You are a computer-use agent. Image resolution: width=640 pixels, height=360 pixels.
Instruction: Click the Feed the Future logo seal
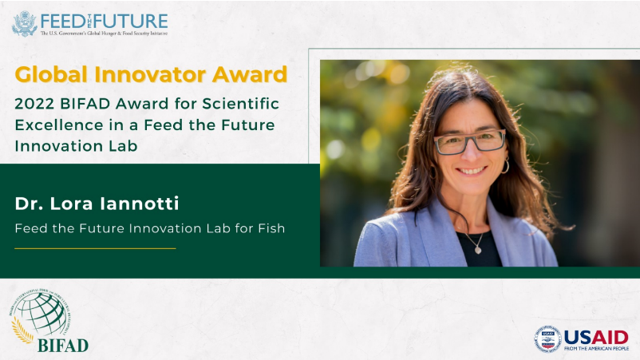pyautogui.click(x=25, y=23)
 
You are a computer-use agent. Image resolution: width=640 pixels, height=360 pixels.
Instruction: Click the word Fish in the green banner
pyautogui.click(x=270, y=229)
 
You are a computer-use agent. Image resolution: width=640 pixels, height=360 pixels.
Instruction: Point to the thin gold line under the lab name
pyautogui.click(x=95, y=248)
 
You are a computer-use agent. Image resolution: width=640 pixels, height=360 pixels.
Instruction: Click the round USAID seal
pyautogui.click(x=547, y=339)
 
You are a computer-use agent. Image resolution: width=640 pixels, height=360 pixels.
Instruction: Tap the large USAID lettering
pyautogui.click(x=596, y=336)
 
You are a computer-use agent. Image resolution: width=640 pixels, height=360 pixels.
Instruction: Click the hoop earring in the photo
pyautogui.click(x=505, y=166)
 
